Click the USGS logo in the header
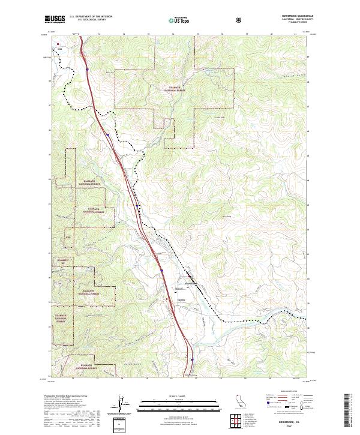(55, 19)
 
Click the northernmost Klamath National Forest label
(178, 89)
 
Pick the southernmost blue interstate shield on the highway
(192, 361)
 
